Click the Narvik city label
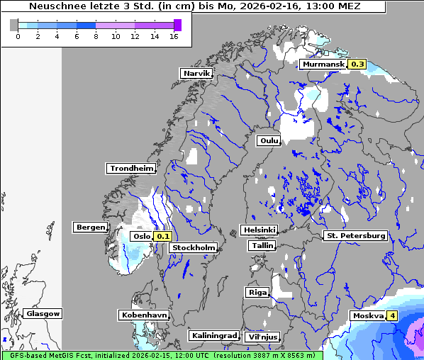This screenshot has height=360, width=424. point(196,74)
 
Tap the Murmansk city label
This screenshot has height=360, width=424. point(323,64)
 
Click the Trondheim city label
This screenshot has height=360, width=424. point(131,169)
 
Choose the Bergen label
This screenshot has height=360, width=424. point(89,227)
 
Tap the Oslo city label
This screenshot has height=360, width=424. point(141,237)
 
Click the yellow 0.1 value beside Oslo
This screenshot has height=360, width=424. point(163,237)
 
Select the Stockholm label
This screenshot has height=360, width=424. point(194,247)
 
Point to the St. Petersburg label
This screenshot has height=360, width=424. point(355,235)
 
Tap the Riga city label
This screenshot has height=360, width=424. point(257,292)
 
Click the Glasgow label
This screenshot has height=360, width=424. point(43,313)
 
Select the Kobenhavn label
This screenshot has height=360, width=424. point(144,315)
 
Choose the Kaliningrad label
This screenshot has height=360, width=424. point(213,335)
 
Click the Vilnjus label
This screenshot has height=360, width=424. point(262,337)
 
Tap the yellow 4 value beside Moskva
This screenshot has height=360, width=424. point(392,316)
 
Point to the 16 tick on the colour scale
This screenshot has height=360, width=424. point(174,36)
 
